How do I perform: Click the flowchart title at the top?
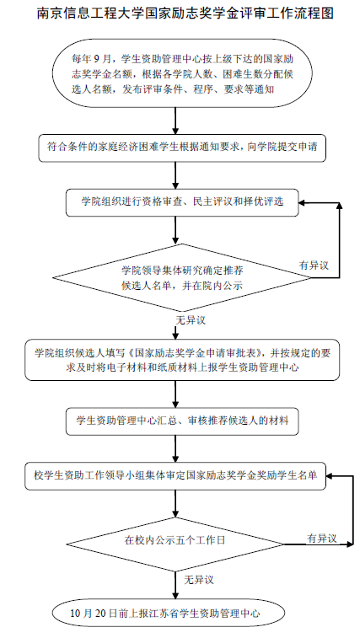[185, 13]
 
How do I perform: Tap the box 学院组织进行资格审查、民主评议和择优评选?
[182, 202]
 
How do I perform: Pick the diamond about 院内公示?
[182, 278]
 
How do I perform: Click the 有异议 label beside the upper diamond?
[314, 265]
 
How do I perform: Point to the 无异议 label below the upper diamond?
[191, 320]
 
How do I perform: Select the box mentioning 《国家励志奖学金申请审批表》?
[182, 360]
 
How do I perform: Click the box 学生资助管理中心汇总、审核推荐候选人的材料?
[182, 421]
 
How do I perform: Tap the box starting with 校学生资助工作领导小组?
[175, 475]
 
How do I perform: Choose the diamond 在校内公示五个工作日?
[175, 544]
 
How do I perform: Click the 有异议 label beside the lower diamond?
[322, 539]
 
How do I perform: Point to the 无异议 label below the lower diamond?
[199, 579]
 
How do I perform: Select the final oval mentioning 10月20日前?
[168, 613]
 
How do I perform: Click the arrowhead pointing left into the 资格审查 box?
[303, 202]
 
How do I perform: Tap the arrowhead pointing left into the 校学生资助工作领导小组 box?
[330, 475]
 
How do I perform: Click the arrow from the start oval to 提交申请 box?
[175, 121]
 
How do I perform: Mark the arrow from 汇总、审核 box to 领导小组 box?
[175, 448]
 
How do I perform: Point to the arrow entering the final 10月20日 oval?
[175, 585]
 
